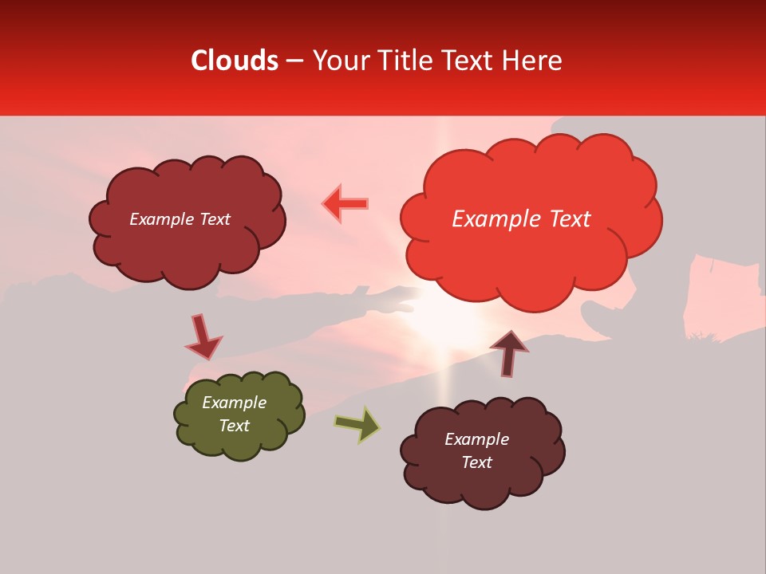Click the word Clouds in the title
(x=235, y=61)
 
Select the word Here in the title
(x=534, y=61)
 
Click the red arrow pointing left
(x=345, y=203)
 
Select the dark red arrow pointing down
(x=203, y=336)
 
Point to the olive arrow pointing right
(x=357, y=424)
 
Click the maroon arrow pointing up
(x=509, y=352)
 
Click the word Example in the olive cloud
(x=234, y=403)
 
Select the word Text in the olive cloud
(x=234, y=426)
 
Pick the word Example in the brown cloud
(x=476, y=439)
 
